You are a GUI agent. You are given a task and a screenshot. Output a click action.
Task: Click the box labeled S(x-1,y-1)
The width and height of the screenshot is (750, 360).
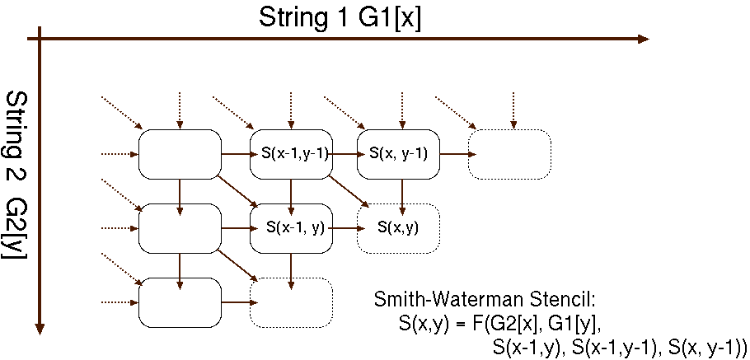click(x=290, y=153)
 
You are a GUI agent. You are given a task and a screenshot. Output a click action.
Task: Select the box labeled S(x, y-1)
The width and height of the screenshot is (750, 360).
click(x=399, y=153)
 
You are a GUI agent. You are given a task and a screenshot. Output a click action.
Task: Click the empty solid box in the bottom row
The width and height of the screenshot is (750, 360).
click(x=180, y=302)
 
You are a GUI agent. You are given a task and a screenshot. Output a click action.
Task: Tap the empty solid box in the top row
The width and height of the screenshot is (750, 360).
click(x=180, y=153)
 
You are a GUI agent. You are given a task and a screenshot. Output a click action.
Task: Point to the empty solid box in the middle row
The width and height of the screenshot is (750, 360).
click(x=180, y=227)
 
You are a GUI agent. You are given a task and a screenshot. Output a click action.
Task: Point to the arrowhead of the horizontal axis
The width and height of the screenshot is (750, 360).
click(x=642, y=39)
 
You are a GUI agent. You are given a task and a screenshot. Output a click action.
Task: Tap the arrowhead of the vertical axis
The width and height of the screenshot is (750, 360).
click(x=40, y=329)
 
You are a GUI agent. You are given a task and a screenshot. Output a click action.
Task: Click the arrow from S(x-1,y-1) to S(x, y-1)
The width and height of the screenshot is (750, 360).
click(x=345, y=153)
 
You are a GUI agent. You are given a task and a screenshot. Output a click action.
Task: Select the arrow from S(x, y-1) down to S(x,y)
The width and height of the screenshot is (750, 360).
click(x=402, y=191)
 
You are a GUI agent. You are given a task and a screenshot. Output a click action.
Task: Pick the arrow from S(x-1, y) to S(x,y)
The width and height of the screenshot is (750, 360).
click(x=345, y=227)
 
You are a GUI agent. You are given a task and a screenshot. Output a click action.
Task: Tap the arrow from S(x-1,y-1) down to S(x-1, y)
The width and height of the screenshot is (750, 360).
click(x=291, y=191)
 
